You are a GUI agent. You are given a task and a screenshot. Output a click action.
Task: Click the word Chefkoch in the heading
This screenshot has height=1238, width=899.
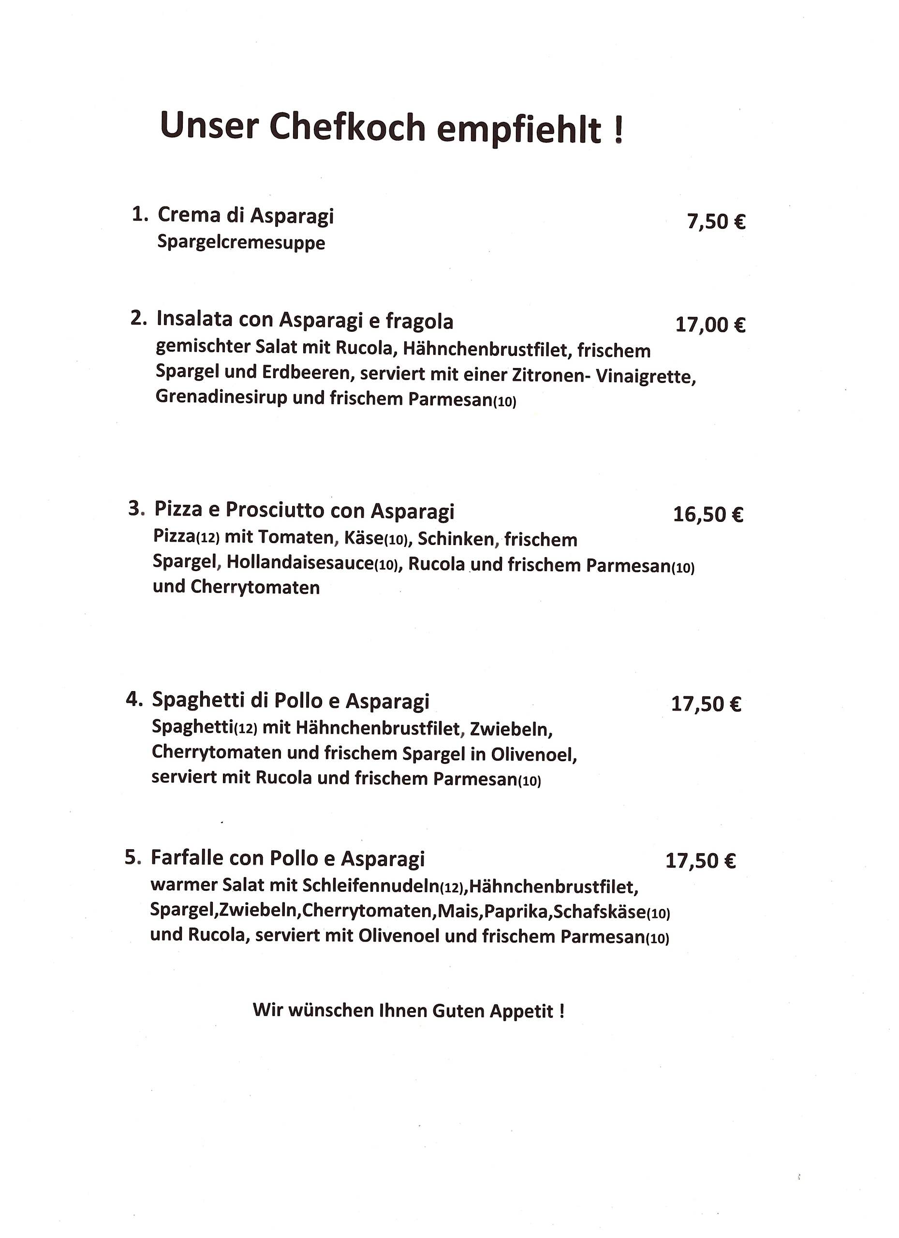(x=347, y=127)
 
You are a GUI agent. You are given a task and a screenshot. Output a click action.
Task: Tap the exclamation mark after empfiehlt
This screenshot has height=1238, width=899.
(x=618, y=131)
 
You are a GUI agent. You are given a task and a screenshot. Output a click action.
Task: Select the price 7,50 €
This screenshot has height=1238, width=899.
(x=716, y=221)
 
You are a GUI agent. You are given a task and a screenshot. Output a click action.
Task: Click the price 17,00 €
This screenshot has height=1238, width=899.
(x=710, y=325)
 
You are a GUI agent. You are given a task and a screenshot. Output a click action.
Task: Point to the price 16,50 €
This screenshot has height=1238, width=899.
(x=708, y=514)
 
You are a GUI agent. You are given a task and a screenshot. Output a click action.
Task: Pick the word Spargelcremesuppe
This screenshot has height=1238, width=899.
(x=241, y=242)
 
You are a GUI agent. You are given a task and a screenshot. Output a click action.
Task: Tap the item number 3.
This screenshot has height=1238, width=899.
(x=136, y=509)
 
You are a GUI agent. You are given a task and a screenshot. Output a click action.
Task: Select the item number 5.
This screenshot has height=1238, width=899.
(x=132, y=857)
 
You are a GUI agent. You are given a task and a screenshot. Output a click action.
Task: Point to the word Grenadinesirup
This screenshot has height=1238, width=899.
(x=221, y=397)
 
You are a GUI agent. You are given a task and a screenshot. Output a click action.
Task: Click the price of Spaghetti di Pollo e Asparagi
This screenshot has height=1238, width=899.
(x=706, y=704)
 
